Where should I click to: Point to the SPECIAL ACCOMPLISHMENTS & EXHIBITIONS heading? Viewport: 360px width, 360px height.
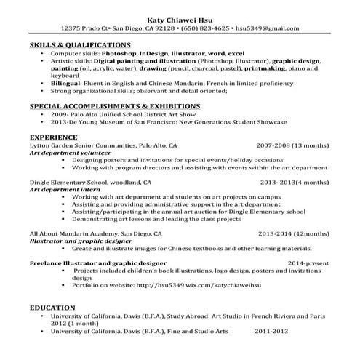point(105,106)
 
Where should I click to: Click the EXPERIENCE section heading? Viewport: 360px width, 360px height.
point(53,137)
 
